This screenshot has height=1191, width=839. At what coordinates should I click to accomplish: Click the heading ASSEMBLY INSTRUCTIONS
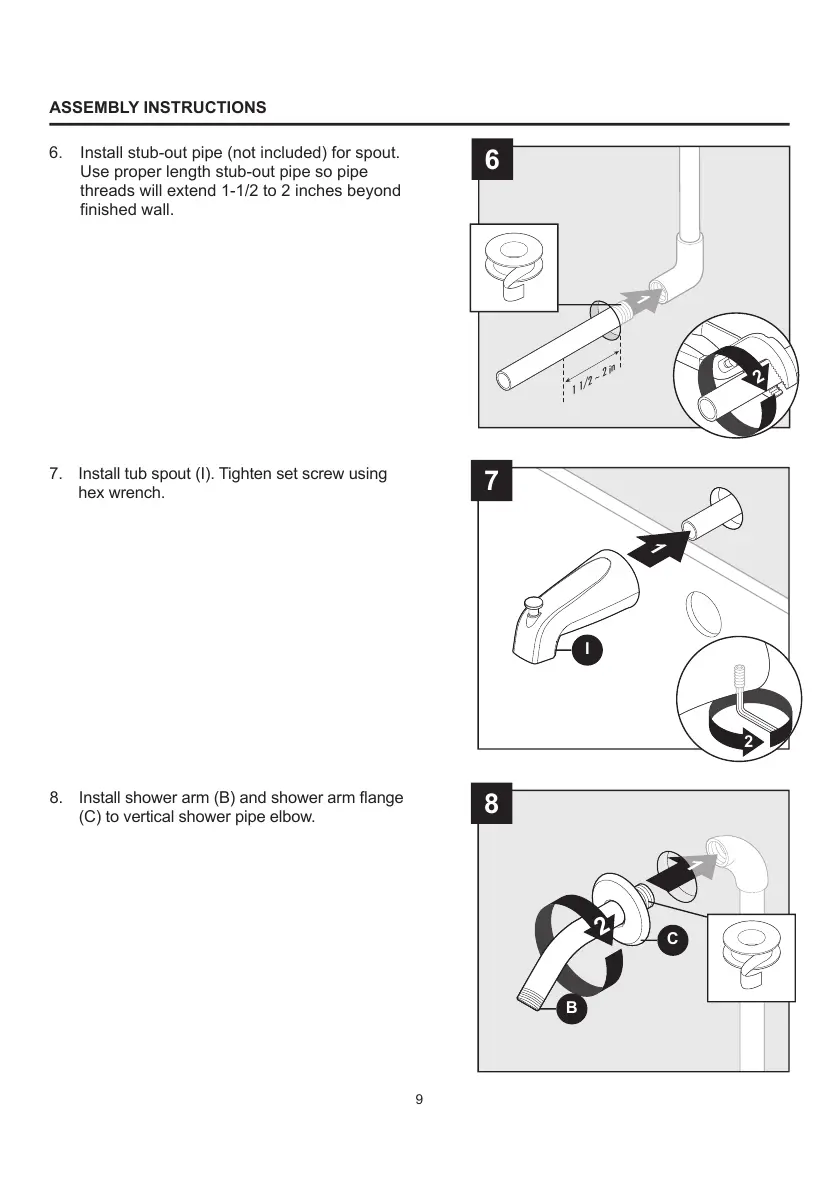(158, 107)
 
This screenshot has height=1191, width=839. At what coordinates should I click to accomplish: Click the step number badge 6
(491, 161)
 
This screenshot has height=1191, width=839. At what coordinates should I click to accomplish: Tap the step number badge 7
(491, 482)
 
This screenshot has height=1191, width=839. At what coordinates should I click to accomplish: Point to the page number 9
(419, 1100)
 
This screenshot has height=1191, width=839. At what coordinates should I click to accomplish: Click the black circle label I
(588, 650)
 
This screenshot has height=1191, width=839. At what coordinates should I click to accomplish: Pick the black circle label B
(571, 1008)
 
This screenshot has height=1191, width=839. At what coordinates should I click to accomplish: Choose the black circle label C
(672, 938)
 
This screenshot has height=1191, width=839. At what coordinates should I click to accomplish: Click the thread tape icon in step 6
(514, 267)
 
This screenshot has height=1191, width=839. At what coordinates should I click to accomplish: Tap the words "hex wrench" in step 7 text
(120, 493)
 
